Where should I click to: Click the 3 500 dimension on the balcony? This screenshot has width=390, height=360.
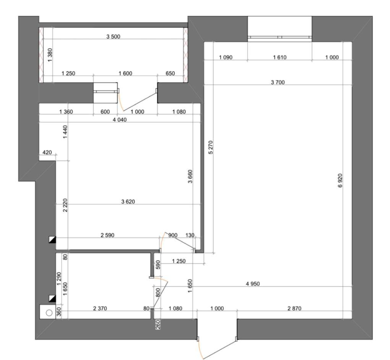pyautogui.click(x=113, y=37)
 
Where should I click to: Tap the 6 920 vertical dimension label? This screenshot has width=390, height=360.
pyautogui.click(x=340, y=181)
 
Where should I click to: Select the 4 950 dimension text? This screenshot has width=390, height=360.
pyautogui.click(x=253, y=284)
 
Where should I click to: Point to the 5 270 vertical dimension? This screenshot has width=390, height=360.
pyautogui.click(x=211, y=148)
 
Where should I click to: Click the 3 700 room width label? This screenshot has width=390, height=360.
pyautogui.click(x=278, y=82)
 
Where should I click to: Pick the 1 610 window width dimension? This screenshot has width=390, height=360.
pyautogui.click(x=280, y=57)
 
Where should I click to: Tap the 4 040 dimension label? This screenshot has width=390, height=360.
pyautogui.click(x=120, y=120)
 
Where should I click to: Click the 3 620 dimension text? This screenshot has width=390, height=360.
pyautogui.click(x=128, y=202)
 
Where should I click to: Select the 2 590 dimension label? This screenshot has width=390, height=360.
pyautogui.click(x=107, y=235)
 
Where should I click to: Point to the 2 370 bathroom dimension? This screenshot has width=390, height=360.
pyautogui.click(x=100, y=308)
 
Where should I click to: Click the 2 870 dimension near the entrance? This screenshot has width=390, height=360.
pyautogui.click(x=294, y=308)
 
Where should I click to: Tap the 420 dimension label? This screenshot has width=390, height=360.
pyautogui.click(x=47, y=152)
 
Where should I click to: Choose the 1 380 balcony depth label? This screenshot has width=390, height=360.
pyautogui.click(x=50, y=55)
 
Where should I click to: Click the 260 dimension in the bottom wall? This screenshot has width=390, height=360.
pyautogui.click(x=158, y=325)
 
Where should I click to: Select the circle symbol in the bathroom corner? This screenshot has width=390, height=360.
pyautogui.click(x=49, y=313)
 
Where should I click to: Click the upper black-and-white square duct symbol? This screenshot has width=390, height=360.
pyautogui.click(x=52, y=240)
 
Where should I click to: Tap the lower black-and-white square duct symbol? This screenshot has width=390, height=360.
pyautogui.click(x=52, y=298)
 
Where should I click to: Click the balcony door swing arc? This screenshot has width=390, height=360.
pyautogui.click(x=121, y=102)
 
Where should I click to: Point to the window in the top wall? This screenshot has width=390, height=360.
pyautogui.click(x=280, y=37)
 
